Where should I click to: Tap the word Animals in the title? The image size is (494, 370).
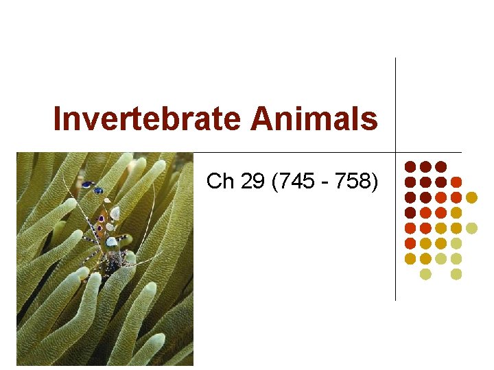[x=314, y=119]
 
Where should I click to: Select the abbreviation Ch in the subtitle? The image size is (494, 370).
[x=220, y=182]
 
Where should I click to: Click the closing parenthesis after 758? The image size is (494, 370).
[x=374, y=182]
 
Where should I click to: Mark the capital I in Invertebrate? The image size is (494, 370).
[x=58, y=119]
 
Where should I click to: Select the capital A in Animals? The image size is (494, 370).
[x=262, y=119]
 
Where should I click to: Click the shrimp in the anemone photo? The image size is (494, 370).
[x=106, y=226]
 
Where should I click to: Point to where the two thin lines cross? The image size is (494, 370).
[x=396, y=151]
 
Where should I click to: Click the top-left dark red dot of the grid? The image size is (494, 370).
[x=410, y=166]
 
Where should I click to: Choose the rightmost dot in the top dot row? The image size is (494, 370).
[x=440, y=166]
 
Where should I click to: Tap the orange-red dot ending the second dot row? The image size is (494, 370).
[x=456, y=182]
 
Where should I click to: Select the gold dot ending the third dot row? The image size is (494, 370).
[x=471, y=197]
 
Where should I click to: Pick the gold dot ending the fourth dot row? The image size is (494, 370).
[x=456, y=212]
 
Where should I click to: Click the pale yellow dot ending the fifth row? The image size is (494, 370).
[x=471, y=228]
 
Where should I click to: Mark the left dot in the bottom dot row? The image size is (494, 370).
[x=425, y=274]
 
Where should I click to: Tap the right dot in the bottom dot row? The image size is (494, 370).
[x=456, y=274]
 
